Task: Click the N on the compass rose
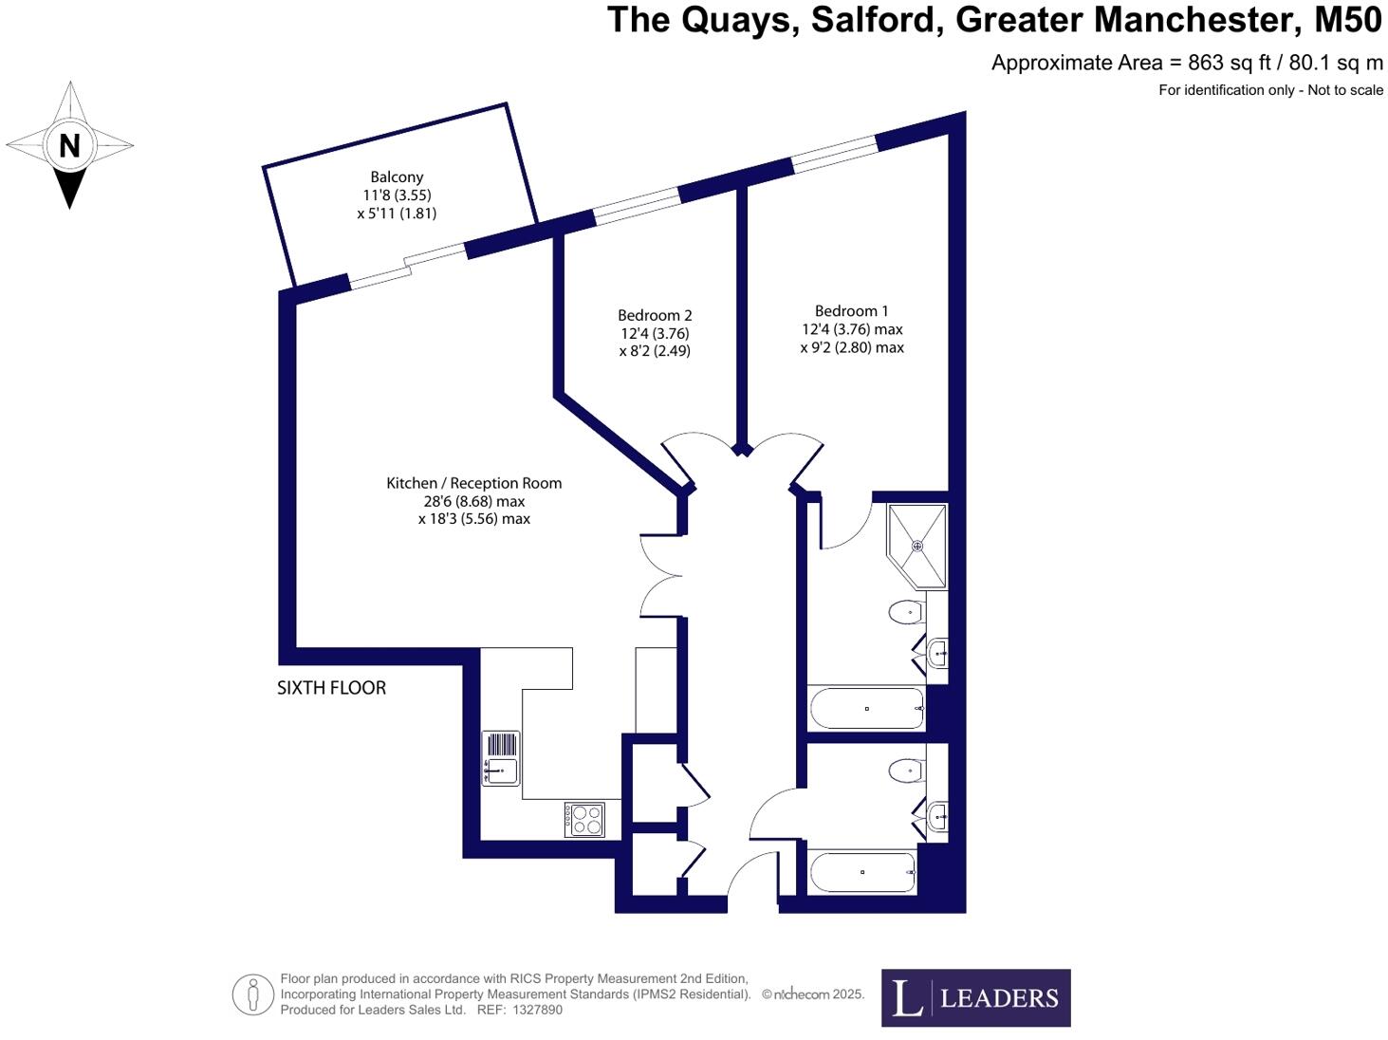tap(69, 146)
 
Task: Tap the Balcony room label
tap(397, 176)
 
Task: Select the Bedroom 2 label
tap(655, 315)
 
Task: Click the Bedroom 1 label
tap(851, 310)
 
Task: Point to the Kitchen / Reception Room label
tap(473, 483)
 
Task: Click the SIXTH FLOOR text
tap(331, 688)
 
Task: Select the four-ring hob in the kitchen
tap(584, 820)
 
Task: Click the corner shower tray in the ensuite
tap(916, 546)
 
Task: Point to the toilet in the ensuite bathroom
tap(907, 612)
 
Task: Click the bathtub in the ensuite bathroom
tap(866, 709)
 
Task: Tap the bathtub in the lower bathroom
tap(861, 872)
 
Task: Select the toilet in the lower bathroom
tap(907, 771)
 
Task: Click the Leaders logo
tap(975, 997)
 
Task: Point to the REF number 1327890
tap(537, 1010)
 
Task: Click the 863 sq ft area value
tap(1229, 63)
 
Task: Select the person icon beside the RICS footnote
tap(252, 994)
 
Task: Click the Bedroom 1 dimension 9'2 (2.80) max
tap(851, 347)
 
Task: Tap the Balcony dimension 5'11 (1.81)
tap(397, 214)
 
